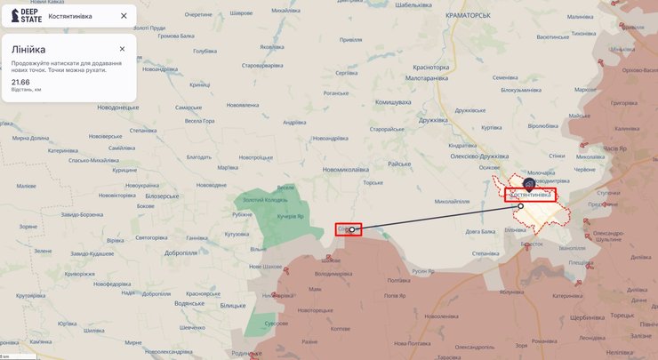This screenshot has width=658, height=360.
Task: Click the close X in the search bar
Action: pos(124,15)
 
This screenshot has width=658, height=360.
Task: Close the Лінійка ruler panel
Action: pos(123,48)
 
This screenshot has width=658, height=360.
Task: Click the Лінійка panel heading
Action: pos(28,50)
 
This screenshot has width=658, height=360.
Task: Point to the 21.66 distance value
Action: pos(20,82)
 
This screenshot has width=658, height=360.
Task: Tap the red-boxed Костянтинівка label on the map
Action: pos(530,195)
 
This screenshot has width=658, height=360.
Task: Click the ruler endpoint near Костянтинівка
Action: pos(520,206)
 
